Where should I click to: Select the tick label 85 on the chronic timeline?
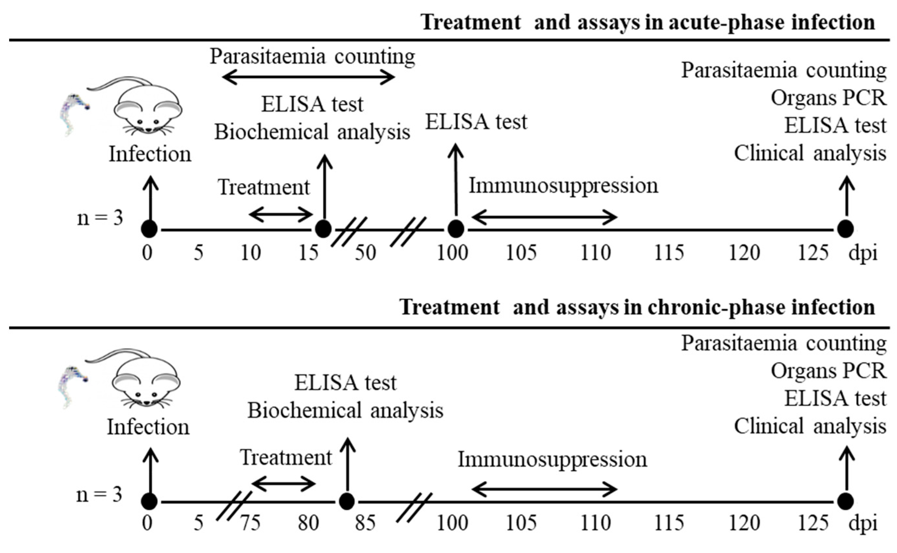pos(365,523)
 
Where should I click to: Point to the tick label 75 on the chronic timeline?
pos(251,523)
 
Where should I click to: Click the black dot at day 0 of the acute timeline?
pos(149,229)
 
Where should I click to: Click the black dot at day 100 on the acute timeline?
pos(456,229)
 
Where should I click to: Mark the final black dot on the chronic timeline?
pos(845,501)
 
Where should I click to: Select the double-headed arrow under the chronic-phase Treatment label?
pos(283,484)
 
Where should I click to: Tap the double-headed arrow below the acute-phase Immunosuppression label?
pos(544,218)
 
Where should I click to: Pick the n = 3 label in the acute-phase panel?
pos(100,218)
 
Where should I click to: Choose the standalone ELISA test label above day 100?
pos(476,122)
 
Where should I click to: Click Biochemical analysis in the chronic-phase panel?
pos(345,410)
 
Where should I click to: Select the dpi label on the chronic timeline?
pos(863,523)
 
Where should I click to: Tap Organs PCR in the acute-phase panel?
pos(828,98)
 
